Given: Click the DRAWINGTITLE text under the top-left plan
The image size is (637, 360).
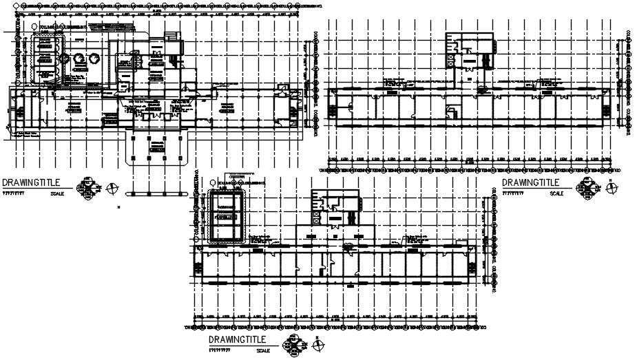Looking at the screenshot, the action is click(32, 182).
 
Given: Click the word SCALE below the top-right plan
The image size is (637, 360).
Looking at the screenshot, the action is click(556, 193).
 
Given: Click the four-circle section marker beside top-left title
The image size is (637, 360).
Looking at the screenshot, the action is click(90, 188).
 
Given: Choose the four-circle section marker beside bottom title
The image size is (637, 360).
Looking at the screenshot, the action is click(295, 344).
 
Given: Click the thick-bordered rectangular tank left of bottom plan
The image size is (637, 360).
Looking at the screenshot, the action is click(224, 215).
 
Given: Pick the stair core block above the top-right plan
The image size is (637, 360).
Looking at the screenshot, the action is click(470, 51).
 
